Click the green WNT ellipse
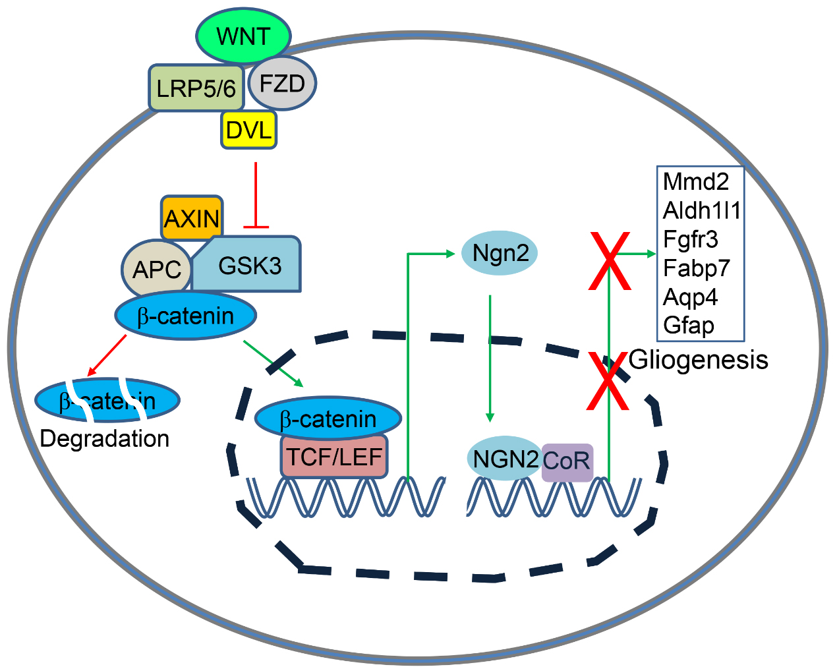click(x=244, y=36)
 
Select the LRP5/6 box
click(x=196, y=88)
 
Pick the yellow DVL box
click(x=248, y=130)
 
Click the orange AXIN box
click(x=191, y=217)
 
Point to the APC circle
click(x=156, y=270)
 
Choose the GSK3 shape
click(x=250, y=265)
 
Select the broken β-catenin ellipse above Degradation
click(x=107, y=400)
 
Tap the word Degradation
click(x=105, y=439)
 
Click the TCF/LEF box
click(x=334, y=456)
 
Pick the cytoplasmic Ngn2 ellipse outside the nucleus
click(x=500, y=252)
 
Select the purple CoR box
click(x=567, y=460)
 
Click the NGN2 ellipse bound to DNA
click(x=505, y=459)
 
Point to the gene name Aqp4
click(x=690, y=297)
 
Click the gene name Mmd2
click(x=695, y=181)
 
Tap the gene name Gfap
click(x=689, y=326)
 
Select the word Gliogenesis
click(x=699, y=360)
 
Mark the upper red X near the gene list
click(x=610, y=261)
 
